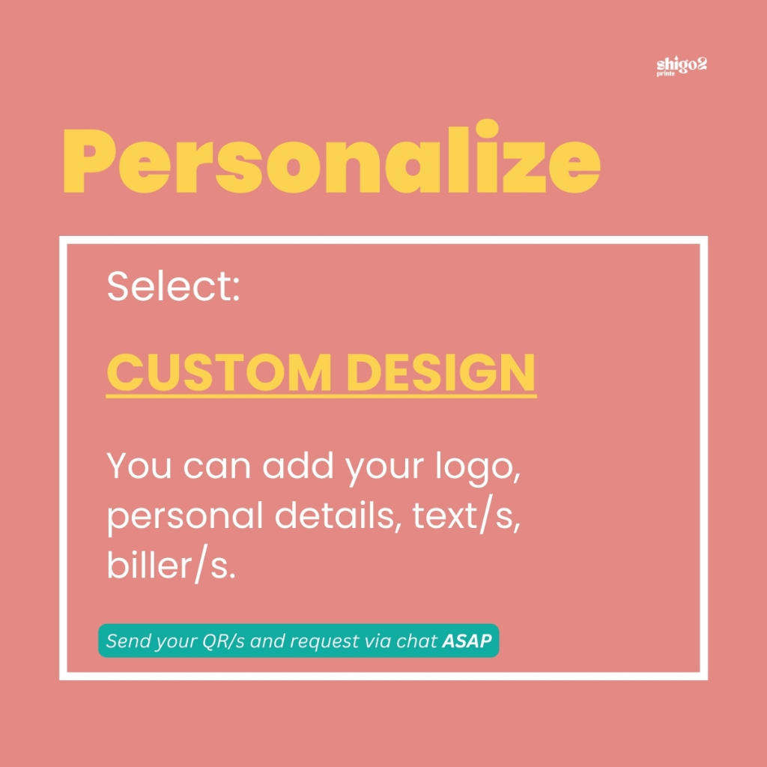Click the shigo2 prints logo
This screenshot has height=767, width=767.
click(682, 67)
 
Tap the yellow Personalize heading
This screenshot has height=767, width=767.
click(331, 157)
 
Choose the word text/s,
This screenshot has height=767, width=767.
click(466, 516)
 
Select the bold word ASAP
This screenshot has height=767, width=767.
click(467, 641)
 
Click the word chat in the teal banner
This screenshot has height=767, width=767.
click(416, 641)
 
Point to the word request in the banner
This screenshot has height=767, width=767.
click(327, 642)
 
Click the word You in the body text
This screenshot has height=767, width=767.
click(139, 465)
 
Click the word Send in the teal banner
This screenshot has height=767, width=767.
click(124, 641)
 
